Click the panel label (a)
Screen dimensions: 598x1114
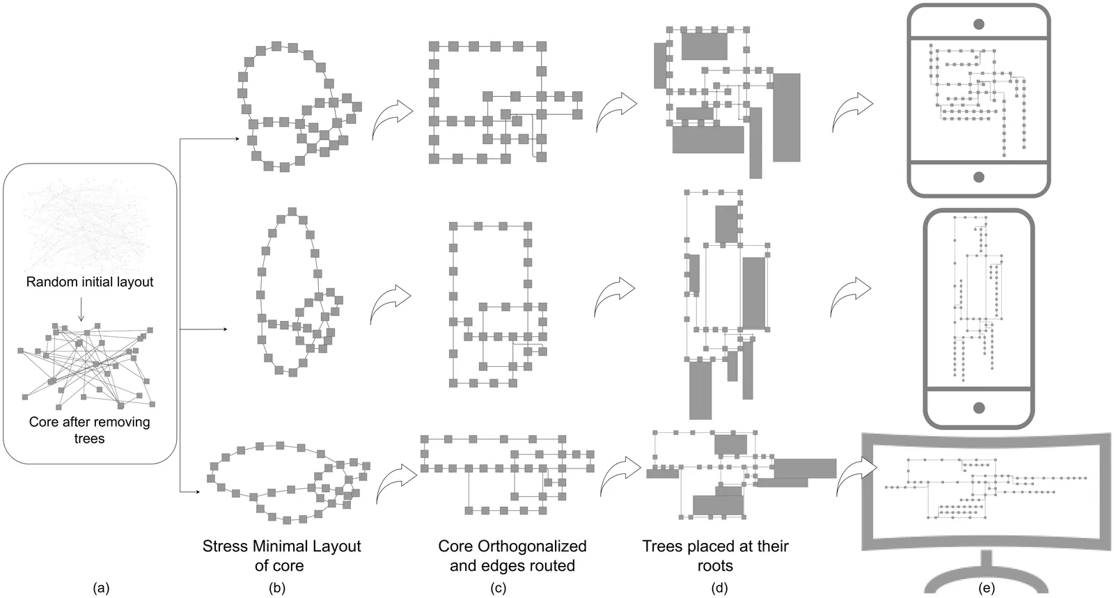(x=101, y=588)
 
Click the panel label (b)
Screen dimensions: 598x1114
(x=277, y=588)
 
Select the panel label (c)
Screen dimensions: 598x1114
(x=498, y=588)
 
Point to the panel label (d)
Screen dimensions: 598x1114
(x=719, y=588)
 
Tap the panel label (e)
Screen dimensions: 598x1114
(x=986, y=588)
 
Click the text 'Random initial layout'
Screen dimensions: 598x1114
(x=90, y=282)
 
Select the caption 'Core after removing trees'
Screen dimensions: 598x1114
(x=89, y=430)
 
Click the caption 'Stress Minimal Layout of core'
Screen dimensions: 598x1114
(x=281, y=556)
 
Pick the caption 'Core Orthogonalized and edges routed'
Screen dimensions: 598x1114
(x=512, y=556)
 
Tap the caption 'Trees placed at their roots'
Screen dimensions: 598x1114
(x=715, y=556)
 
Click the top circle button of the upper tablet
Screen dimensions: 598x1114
(x=978, y=24)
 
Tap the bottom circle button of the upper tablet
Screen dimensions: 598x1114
(x=978, y=177)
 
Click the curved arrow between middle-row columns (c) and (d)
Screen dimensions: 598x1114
(x=615, y=296)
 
